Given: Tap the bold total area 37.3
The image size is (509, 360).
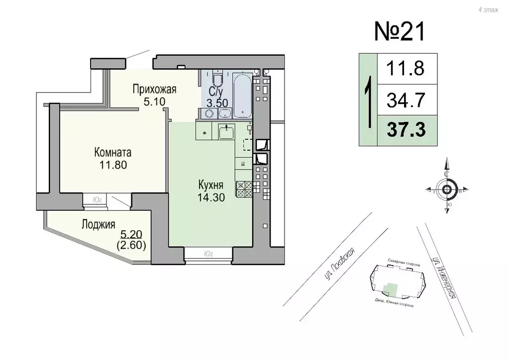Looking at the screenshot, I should click(x=407, y=130).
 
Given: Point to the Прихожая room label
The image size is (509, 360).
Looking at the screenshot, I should click(x=154, y=90).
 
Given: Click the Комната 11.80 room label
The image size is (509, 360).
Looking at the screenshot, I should click(x=113, y=158).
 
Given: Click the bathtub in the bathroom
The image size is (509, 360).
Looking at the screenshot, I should click(x=242, y=94).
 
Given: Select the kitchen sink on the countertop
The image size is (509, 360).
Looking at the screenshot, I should click(x=227, y=132).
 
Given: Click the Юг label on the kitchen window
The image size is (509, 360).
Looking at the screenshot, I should click(x=208, y=254).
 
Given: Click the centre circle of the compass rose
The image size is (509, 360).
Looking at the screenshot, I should click(x=447, y=189).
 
